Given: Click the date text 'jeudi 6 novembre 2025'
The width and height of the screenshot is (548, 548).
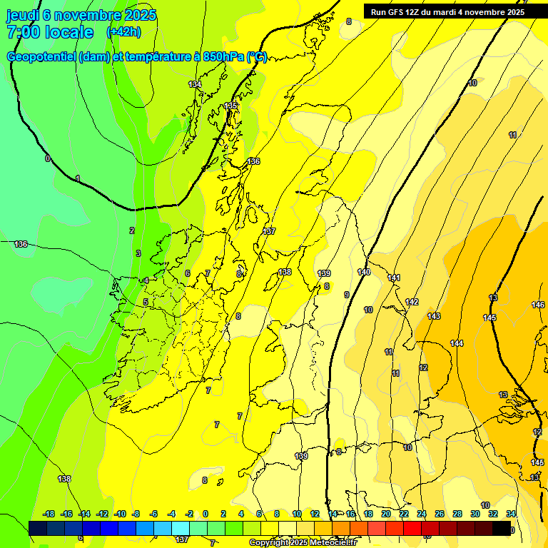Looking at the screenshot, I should [81, 15].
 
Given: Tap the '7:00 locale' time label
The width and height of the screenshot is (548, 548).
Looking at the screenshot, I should [50, 32].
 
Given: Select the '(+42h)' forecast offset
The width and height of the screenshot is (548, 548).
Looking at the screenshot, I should [123, 32].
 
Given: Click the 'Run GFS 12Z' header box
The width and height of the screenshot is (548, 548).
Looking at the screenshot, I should [447, 11].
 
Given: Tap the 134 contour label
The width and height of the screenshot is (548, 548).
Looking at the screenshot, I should [195, 84].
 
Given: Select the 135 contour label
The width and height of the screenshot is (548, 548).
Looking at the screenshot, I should [230, 106].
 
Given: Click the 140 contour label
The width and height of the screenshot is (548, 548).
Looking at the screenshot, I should [364, 272].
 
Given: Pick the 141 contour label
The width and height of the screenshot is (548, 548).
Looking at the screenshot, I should [394, 278].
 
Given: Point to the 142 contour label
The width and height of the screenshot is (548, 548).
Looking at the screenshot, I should [412, 302].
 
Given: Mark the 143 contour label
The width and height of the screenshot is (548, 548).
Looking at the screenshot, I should [434, 315].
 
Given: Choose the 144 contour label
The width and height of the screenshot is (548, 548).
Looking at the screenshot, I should [457, 343].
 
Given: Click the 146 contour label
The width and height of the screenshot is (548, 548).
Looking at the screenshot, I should [538, 305].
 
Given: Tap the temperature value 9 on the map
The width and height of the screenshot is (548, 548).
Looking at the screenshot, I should [347, 295].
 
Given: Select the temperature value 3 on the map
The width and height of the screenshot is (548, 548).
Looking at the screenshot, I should [138, 253].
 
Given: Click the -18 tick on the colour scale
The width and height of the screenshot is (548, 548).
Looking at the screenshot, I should [49, 514].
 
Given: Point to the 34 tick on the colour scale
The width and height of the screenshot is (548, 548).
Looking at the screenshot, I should [512, 514].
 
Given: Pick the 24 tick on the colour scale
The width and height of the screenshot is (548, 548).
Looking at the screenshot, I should [422, 514].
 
